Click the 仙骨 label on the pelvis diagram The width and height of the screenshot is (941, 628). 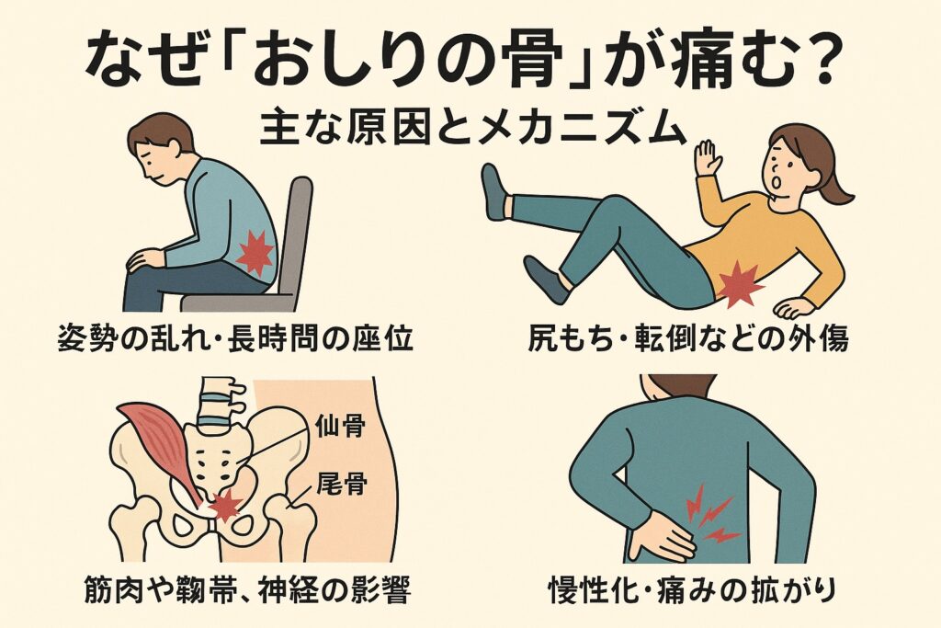(340, 427)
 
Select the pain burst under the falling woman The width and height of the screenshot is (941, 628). (739, 285)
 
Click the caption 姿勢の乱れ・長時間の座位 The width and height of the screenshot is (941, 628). (236, 338)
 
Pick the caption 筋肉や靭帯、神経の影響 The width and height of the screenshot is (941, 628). (247, 589)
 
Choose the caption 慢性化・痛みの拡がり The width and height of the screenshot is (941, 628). (692, 589)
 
